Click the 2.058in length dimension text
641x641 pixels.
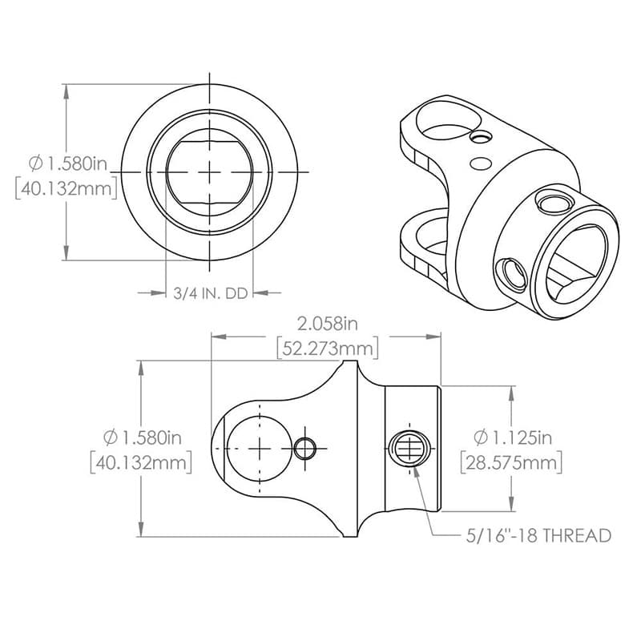[x=327, y=325]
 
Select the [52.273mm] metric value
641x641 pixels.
[x=327, y=349]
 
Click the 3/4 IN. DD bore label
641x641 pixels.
[x=210, y=294]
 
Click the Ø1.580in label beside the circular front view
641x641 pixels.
[x=67, y=164]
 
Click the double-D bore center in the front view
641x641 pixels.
[x=209, y=171]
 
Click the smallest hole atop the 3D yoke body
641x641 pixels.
[x=480, y=139]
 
